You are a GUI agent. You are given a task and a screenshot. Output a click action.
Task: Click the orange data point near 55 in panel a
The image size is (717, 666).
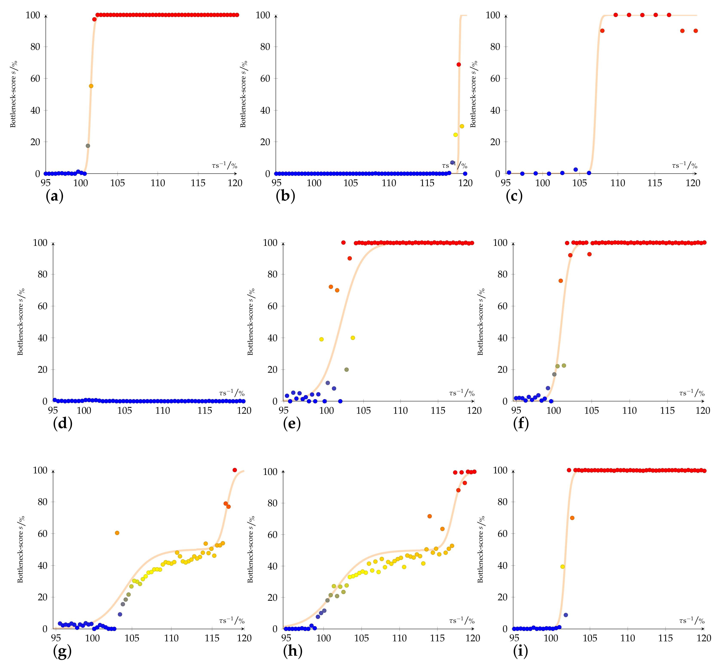91,86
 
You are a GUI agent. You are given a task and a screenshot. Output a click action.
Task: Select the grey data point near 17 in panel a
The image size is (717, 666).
88,146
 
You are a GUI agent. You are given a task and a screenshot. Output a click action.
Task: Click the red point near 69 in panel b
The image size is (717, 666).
459,64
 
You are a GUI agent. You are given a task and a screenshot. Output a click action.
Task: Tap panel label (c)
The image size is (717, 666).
514,196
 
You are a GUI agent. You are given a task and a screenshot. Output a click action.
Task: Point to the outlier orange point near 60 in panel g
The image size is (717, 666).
117,533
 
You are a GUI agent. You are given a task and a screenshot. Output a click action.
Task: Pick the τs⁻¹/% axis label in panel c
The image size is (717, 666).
684,165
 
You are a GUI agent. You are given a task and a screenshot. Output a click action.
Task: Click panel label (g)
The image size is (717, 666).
62,651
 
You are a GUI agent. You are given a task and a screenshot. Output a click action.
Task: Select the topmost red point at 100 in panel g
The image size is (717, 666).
235,470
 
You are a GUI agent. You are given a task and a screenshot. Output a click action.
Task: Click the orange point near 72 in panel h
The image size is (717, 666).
429,516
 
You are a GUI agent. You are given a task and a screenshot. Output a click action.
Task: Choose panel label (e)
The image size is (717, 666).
292,424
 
